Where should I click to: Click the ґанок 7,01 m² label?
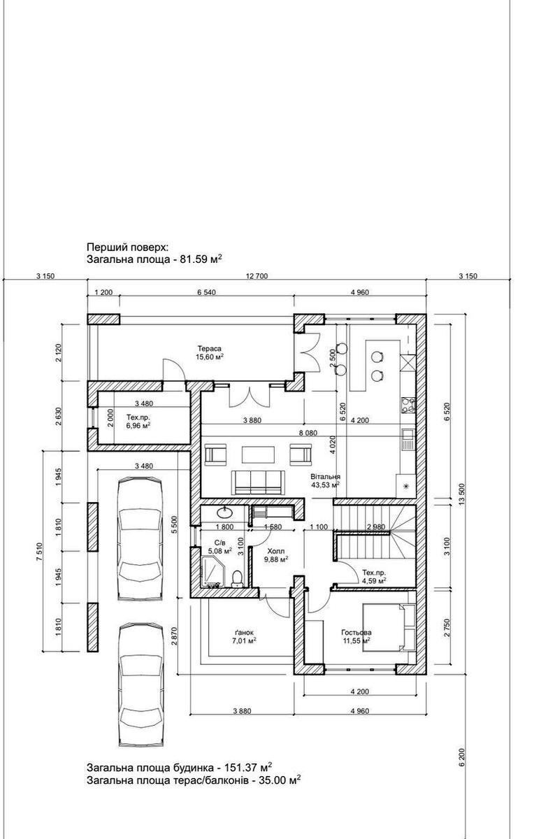pos(243,636)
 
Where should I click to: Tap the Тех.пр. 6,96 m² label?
pos(138,422)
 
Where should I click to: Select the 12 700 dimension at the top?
pos(257,276)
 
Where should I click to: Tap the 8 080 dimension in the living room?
pos(308,433)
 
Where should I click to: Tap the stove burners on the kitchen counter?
pos(408,405)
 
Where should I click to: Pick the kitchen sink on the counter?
pos(407,440)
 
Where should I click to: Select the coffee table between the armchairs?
pos(259,454)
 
